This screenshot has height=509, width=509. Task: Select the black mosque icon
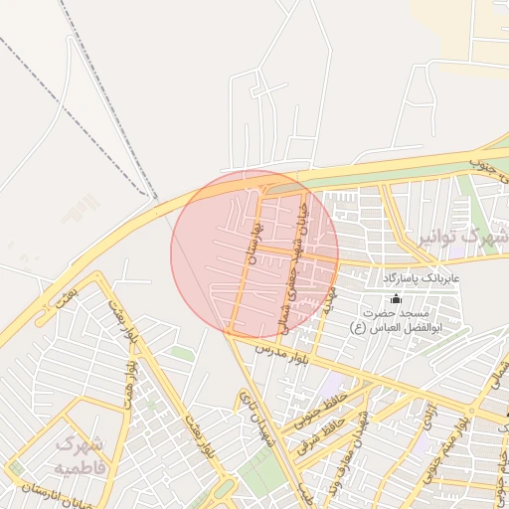396,298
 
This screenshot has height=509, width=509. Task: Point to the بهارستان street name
253,245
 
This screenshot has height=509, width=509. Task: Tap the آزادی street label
427,419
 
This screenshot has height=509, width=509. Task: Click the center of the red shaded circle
254,254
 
